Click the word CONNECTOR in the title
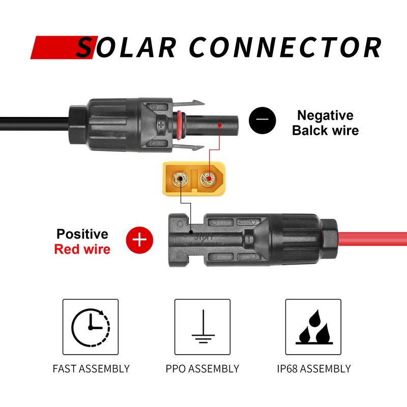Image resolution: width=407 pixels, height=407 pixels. click(x=285, y=47)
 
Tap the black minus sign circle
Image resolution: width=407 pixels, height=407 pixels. click(x=263, y=122)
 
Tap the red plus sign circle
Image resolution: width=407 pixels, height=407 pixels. click(x=140, y=240)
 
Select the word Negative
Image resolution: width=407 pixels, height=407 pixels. click(x=325, y=115)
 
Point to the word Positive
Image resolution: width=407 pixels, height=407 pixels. click(x=82, y=234)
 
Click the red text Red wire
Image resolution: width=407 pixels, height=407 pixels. click(x=82, y=249)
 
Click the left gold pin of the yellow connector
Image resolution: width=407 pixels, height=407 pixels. click(x=181, y=179)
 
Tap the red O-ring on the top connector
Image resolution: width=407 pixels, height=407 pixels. click(x=178, y=124)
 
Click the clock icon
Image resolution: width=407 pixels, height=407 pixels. click(x=91, y=327)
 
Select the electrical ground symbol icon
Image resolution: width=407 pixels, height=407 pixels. click(x=202, y=327)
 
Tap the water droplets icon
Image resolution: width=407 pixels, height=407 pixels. click(x=313, y=327)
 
